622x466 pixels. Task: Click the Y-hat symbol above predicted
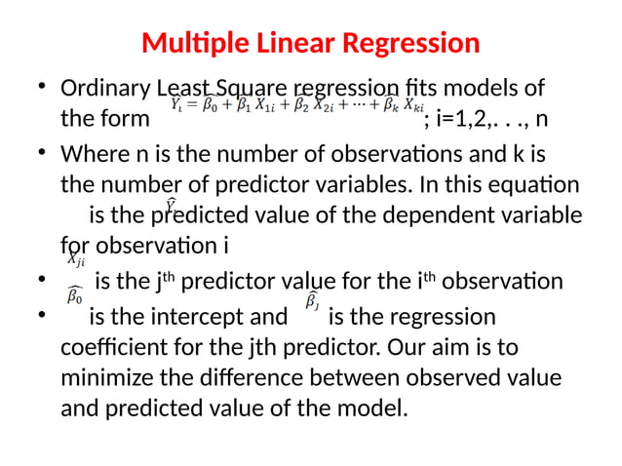pos(170,205)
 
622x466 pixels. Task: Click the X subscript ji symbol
pos(75,259)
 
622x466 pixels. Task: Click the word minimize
pos(104,377)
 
